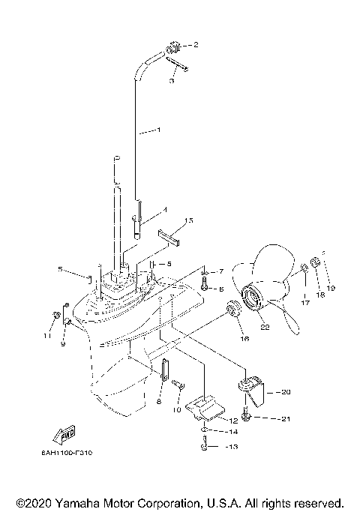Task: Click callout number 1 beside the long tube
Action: click(158, 130)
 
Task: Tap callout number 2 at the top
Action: click(196, 45)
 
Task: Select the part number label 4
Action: click(165, 210)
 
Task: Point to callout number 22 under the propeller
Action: click(263, 325)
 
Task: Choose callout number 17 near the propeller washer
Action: click(305, 303)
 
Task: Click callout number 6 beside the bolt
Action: click(220, 288)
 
